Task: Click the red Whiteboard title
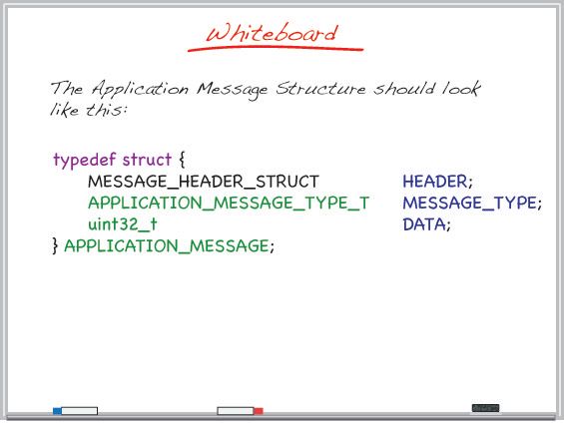pos(272,32)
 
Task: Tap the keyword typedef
pos(84,160)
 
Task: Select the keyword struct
pos(146,160)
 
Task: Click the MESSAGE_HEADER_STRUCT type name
pos(204,182)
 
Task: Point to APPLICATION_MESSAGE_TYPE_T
pos(229,204)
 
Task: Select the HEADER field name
pos(436,182)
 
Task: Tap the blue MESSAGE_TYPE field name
pos(471,204)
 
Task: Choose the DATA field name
pos(426,224)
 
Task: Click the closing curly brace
pos(55,245)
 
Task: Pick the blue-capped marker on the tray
pos(75,410)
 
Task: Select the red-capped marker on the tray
pos(241,410)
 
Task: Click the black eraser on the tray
pos(485,408)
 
